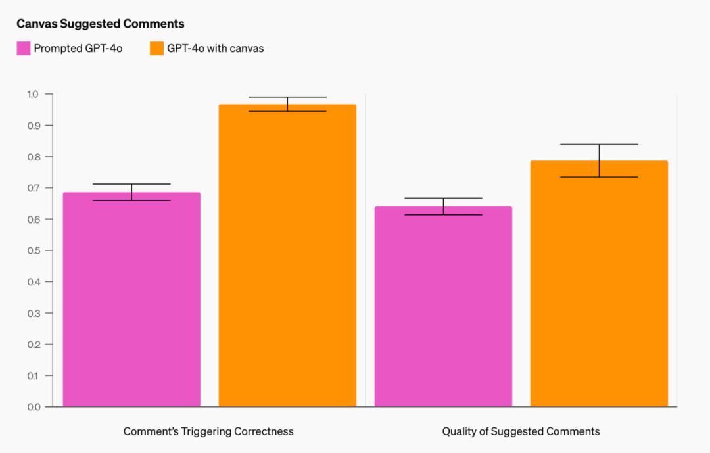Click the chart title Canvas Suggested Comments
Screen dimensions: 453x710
click(100, 24)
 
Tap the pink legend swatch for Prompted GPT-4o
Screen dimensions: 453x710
click(24, 48)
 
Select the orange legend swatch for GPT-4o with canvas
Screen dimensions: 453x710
click(156, 48)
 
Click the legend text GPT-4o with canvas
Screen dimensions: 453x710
click(215, 48)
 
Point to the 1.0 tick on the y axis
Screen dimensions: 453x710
click(33, 94)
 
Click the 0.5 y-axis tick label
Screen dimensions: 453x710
click(33, 250)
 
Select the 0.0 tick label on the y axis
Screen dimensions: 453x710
click(33, 407)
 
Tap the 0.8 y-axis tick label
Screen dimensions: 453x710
click(33, 156)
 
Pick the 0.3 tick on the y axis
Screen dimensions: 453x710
click(33, 313)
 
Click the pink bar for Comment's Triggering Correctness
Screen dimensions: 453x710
click(131, 302)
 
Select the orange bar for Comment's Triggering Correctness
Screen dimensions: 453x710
click(287, 263)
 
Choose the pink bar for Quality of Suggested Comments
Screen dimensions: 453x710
click(443, 309)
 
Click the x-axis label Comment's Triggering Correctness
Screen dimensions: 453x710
click(208, 431)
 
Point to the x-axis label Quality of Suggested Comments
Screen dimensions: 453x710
click(521, 431)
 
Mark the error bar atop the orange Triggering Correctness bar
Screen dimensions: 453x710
click(287, 104)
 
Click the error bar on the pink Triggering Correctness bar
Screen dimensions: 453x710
click(131, 192)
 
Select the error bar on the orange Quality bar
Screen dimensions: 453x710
click(599, 160)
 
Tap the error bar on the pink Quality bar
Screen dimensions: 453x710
click(443, 206)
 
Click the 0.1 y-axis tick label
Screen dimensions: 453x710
click(33, 375)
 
